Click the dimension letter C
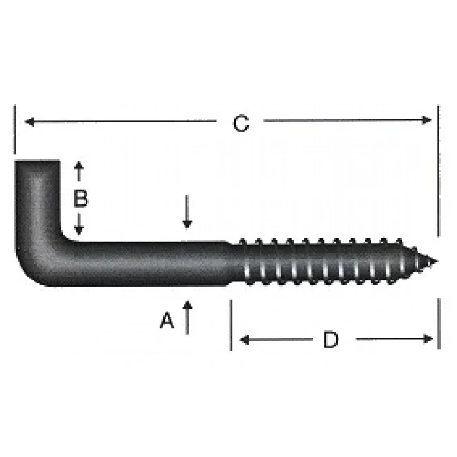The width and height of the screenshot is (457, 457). (x=241, y=123)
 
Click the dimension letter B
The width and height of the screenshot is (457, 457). (x=80, y=198)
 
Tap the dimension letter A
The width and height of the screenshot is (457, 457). (x=168, y=321)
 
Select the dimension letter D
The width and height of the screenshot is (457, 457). (x=331, y=339)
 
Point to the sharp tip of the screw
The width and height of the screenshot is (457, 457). (x=435, y=262)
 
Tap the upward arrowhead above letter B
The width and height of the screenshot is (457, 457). (x=79, y=166)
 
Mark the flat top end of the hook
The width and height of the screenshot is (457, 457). (x=37, y=161)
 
